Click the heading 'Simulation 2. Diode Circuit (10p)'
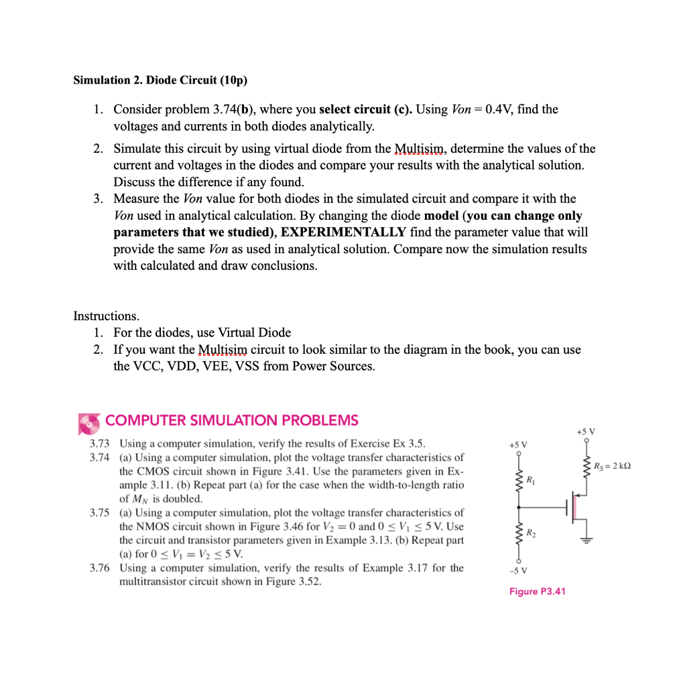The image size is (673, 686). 160,80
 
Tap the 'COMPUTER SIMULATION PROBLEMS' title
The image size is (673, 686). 232,421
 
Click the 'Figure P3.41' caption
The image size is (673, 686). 537,591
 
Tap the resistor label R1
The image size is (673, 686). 532,480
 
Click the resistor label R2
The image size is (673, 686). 532,533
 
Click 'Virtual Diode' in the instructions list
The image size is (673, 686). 256,333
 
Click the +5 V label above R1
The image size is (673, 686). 518,444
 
